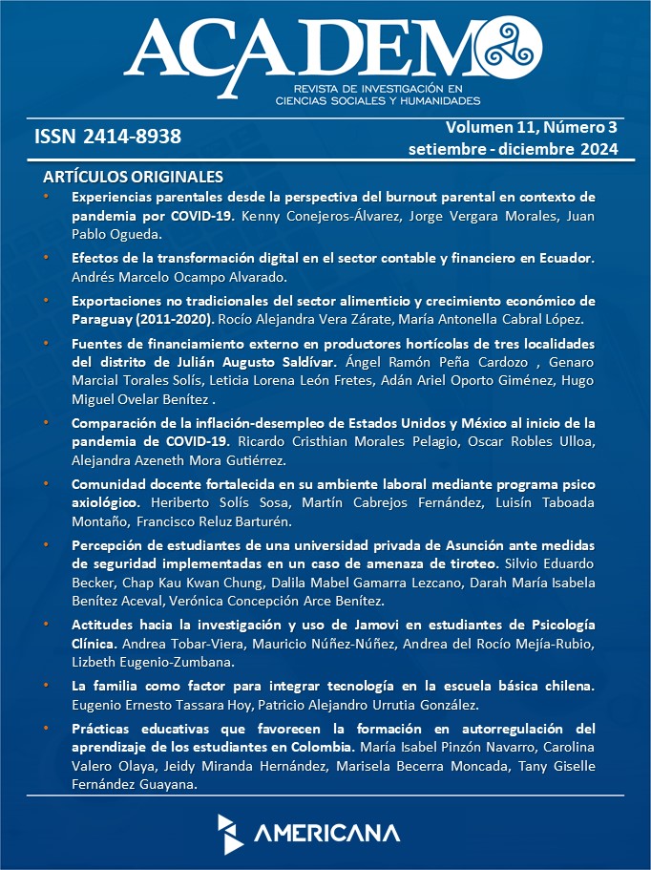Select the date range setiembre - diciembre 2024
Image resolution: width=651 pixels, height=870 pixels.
513,149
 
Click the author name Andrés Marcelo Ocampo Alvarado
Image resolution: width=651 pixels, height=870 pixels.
179,277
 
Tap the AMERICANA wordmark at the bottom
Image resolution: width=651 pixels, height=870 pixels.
326,833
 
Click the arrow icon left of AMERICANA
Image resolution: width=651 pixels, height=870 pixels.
230,833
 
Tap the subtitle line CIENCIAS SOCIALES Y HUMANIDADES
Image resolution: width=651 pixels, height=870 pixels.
378,99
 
